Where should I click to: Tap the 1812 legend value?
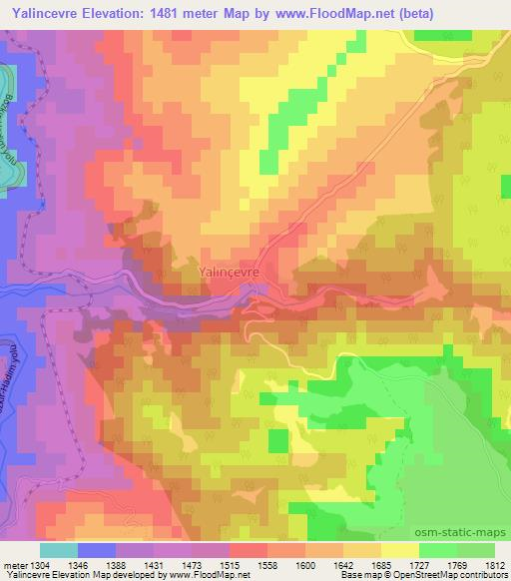[496, 565]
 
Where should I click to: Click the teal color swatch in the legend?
[58, 550]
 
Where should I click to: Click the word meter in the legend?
[13, 565]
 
